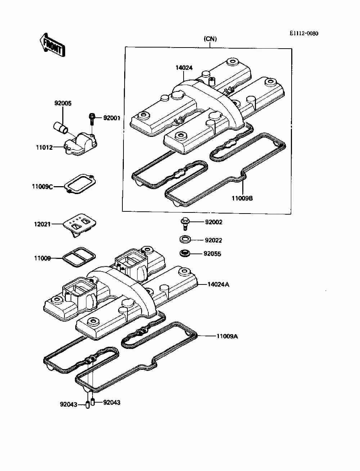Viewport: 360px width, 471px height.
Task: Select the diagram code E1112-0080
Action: tap(304, 33)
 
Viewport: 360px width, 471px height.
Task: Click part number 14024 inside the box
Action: tap(184, 67)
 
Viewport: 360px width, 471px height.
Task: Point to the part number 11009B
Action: tap(242, 198)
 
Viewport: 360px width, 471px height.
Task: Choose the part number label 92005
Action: tap(63, 103)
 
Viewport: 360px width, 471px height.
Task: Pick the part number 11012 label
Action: tap(44, 147)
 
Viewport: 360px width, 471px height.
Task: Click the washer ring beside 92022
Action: tap(185, 239)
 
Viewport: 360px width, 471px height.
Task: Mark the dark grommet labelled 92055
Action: tap(185, 254)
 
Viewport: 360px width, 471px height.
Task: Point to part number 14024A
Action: tap(218, 284)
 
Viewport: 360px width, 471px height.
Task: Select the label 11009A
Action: tap(227, 337)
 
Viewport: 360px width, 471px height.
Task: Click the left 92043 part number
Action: tap(68, 404)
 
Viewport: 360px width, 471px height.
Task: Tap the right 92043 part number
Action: tap(112, 402)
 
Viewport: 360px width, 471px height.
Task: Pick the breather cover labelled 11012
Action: tap(81, 143)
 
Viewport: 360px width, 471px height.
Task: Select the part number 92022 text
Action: tap(213, 240)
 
